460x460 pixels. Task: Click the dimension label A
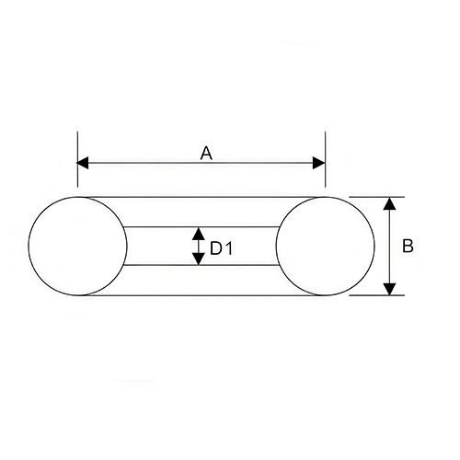coord(206,154)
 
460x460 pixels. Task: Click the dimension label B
coord(408,246)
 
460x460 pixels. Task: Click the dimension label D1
coord(222,248)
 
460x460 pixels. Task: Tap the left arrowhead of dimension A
coord(83,163)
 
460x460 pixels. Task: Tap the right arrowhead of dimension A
coord(319,163)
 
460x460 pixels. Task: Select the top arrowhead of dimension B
coord(389,203)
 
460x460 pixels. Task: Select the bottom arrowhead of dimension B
coord(389,289)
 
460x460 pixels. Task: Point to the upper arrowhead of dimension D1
coord(200,234)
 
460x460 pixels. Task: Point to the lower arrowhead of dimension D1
coord(200,259)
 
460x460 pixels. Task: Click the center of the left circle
coord(77,246)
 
